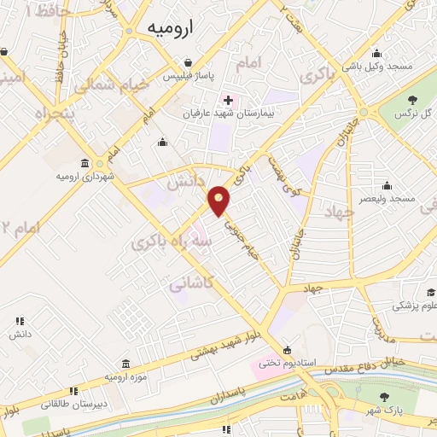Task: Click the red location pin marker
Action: [220, 201]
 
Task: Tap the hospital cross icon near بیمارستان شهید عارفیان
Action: [228, 100]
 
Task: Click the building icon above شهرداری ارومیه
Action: [84, 163]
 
